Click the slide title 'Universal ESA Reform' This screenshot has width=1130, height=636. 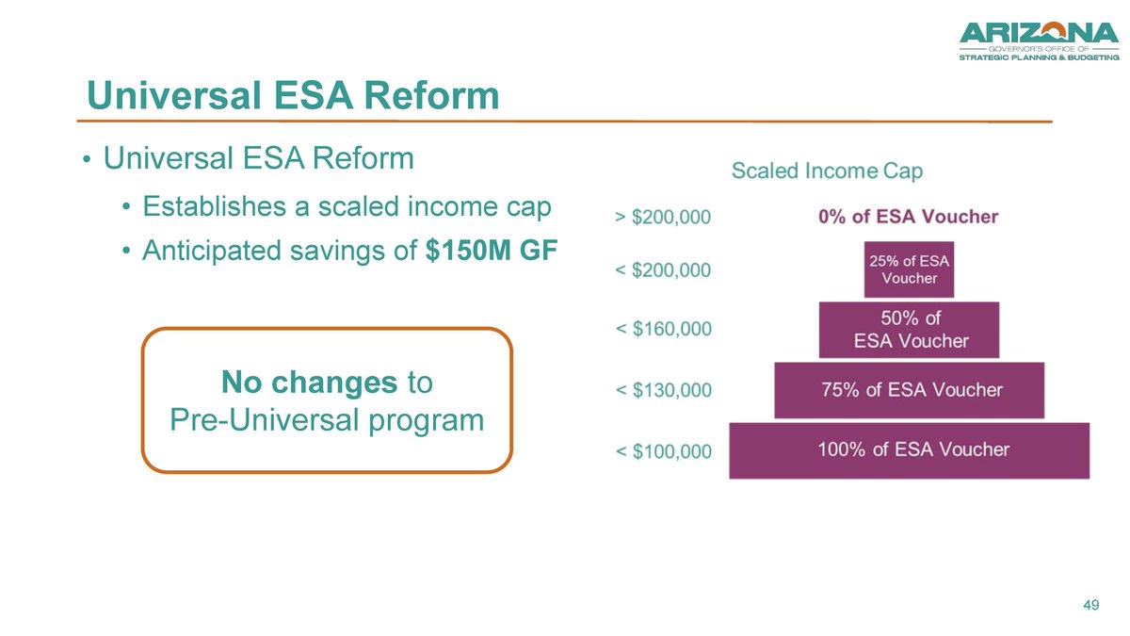292,95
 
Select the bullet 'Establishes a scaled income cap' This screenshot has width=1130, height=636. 346,205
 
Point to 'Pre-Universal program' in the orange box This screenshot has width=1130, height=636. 327,419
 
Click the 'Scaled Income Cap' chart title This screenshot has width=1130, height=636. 827,171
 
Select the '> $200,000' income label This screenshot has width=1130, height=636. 663,217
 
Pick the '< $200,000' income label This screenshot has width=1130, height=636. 663,270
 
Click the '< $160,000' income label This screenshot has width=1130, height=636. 663,330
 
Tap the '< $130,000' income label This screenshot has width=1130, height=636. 663,390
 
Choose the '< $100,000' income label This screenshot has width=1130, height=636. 663,451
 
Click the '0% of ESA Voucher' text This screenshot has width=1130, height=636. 908,217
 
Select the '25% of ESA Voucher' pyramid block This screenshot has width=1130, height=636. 909,269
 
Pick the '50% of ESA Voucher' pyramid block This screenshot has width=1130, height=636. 909,330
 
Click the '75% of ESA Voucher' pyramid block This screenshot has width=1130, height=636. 909,390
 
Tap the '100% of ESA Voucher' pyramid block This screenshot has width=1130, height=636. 909,450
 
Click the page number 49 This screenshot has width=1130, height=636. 1091,605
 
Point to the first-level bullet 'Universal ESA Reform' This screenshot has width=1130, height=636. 259,158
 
